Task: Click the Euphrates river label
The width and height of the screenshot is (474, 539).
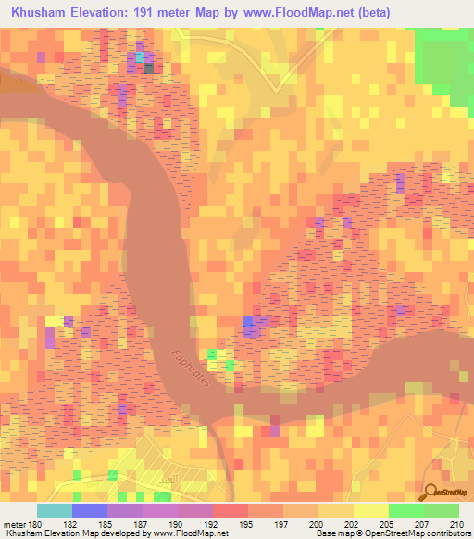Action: [193, 370]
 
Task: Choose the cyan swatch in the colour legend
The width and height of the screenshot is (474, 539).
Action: [55, 510]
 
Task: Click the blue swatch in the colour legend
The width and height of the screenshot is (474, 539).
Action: [90, 510]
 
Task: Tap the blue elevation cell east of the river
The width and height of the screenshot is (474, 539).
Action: [250, 323]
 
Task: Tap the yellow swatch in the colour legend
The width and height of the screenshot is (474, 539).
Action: [370, 510]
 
